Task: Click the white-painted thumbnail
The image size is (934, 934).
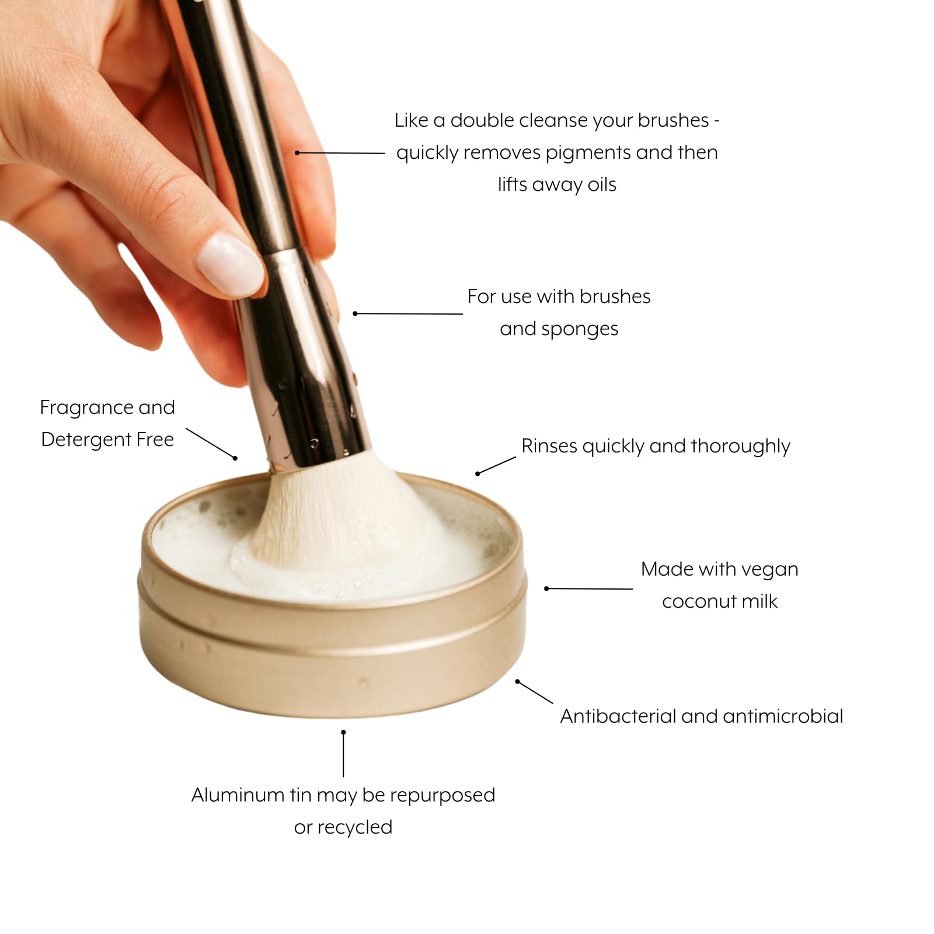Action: pos(229,264)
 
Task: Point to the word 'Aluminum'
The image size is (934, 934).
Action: pos(238,795)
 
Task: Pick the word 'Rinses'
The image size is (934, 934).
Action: pos(549,446)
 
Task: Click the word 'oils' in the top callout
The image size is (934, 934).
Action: pos(602,184)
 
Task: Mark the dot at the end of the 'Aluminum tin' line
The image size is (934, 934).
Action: pos(343,732)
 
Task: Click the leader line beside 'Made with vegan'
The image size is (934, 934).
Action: pos(590,588)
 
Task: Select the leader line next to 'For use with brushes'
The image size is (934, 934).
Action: pos(409,313)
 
